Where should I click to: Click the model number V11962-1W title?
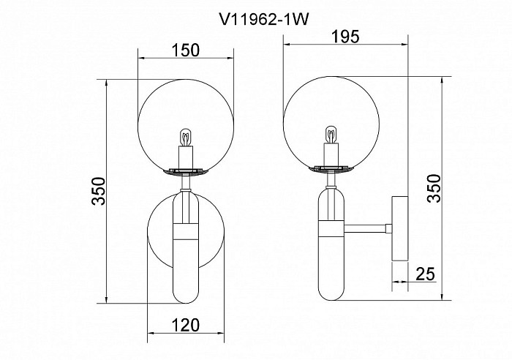point(263,20)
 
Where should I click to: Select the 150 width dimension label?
point(186,50)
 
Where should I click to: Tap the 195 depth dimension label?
point(345,37)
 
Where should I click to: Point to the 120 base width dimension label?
point(186,325)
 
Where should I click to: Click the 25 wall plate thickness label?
point(425,274)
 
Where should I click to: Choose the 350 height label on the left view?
point(99,191)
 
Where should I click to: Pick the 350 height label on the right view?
point(434,189)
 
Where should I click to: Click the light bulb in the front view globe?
point(186,138)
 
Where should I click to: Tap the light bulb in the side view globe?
point(331,135)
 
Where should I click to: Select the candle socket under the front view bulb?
point(186,157)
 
